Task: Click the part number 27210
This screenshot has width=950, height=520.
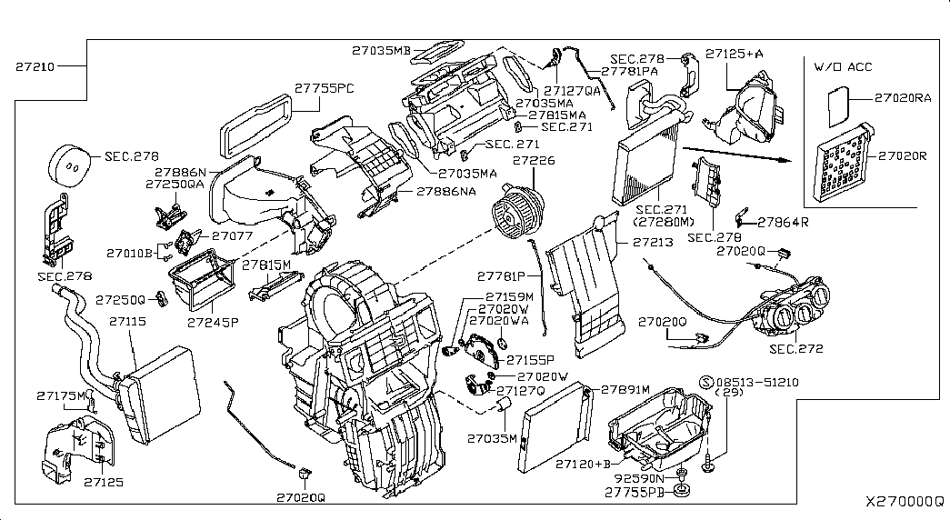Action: pos(35,67)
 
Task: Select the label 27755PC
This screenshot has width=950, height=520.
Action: pos(325,89)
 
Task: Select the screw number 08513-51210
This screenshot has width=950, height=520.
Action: pos(758,382)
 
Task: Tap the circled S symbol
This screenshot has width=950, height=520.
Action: pos(705,382)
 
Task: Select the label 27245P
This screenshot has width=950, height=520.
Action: pos(213,322)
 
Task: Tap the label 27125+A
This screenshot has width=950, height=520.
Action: pos(735,55)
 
